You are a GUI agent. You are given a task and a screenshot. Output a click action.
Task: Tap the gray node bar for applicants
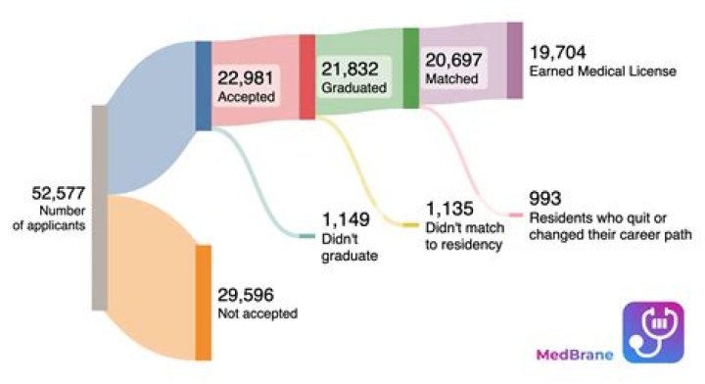pos(100,207)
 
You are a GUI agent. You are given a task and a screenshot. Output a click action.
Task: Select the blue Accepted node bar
pos(203,84)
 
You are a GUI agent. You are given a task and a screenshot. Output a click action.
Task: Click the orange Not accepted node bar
pos(203,303)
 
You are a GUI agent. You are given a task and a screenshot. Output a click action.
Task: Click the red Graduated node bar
pos(306,76)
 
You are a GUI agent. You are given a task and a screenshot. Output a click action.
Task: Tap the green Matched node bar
pos(411,68)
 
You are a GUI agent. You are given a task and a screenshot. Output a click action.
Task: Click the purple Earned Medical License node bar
pos(514,60)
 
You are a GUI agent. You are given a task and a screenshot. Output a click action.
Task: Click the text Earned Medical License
pos(603,71)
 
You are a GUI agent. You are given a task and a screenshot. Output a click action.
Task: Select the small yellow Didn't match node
pos(410,225)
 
